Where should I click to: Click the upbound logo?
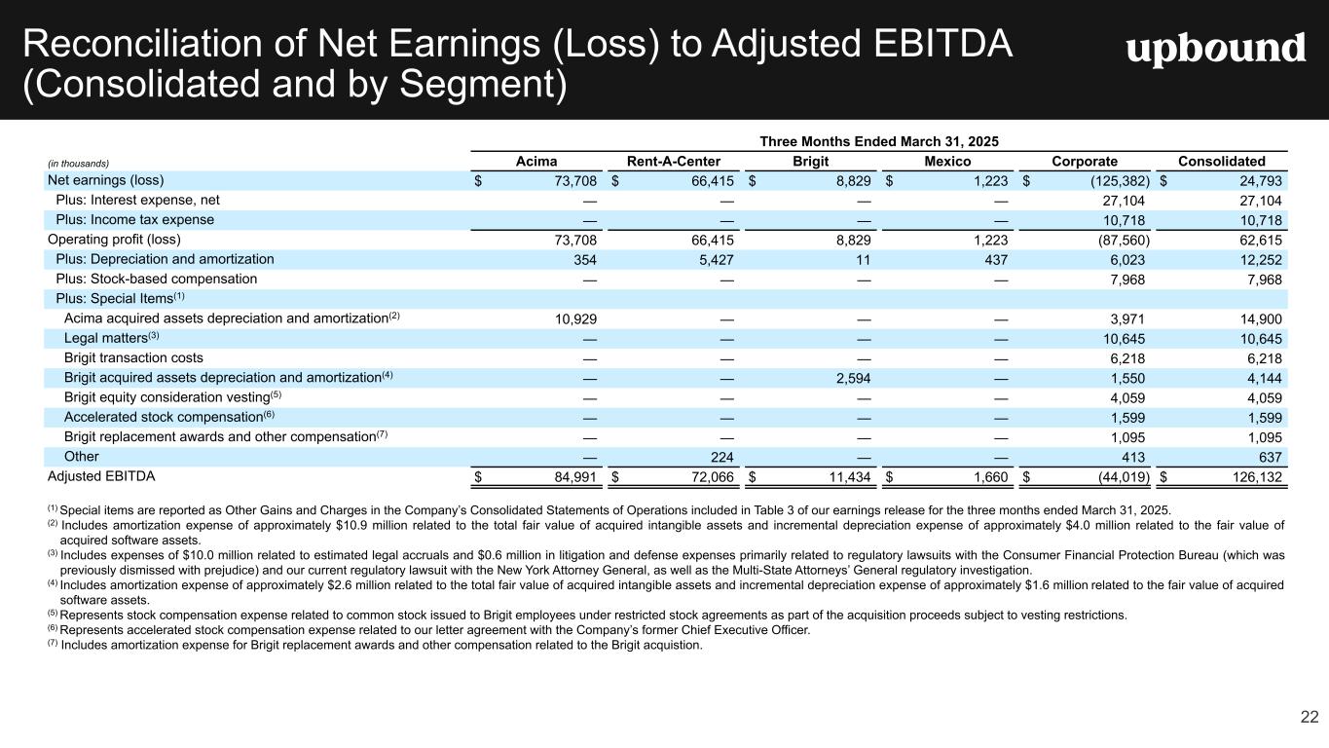tap(1215, 49)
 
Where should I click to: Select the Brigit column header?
tap(811, 162)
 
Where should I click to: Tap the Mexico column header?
tap(947, 162)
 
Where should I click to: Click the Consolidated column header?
tap(1221, 162)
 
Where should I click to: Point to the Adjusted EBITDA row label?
tap(101, 476)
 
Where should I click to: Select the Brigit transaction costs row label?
tap(133, 357)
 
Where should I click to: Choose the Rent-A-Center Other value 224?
tap(721, 457)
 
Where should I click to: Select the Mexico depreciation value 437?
tap(995, 259)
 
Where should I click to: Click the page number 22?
tap(1309, 718)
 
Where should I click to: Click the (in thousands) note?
tap(78, 164)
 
